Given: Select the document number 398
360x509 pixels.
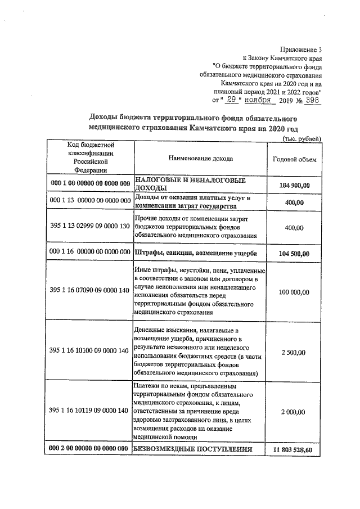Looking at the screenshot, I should point(311,100).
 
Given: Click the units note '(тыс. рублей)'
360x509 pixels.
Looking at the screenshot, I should point(301,138).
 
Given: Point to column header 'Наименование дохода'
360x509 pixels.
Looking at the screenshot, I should point(200,159).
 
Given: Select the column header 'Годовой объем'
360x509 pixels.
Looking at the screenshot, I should point(294,159).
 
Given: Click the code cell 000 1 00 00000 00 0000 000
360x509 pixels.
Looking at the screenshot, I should point(90,184).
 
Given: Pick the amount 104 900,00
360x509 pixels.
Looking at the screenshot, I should point(294,184).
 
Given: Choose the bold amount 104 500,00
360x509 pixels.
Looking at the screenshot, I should point(294,253).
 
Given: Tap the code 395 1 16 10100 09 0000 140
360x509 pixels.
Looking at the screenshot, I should point(90,352).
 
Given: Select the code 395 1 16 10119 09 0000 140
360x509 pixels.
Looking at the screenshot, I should point(90,412).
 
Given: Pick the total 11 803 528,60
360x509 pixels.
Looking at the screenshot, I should point(293,449).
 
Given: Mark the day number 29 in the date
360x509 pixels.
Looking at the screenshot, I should point(232,100).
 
